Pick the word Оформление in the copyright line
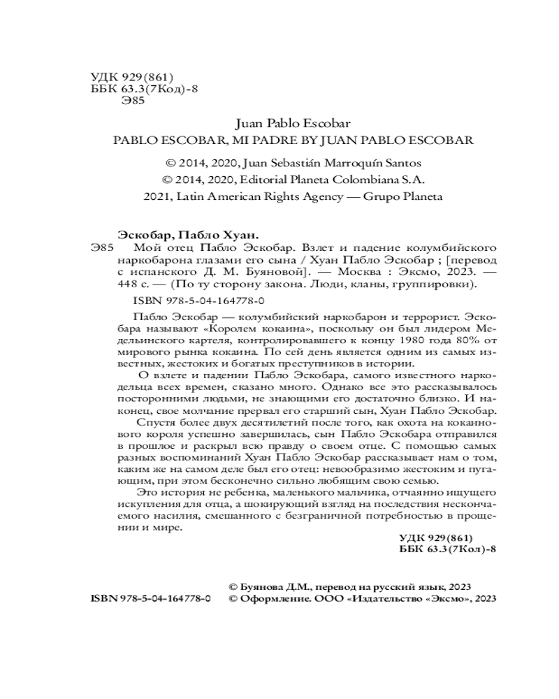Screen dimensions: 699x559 coord(272,599)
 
